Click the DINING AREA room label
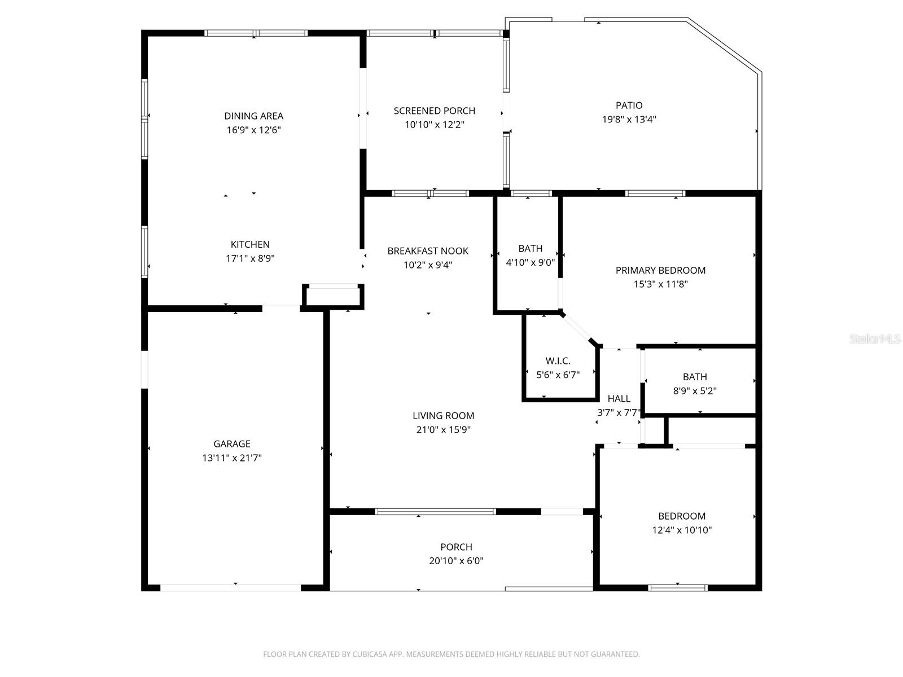pos(253,116)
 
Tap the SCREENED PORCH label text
pos(434,111)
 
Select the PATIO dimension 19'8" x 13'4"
pos(629,120)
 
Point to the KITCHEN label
pos(250,245)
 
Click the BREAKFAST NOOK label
pos(428,251)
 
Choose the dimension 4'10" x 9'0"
pos(530,262)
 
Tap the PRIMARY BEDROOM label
pos(660,271)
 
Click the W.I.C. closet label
pos(558,361)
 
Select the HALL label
pos(619,399)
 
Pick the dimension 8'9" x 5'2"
pos(695,391)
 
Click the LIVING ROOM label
pos(443,416)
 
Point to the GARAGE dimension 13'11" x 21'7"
pos(232,458)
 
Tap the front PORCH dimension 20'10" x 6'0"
pos(456,561)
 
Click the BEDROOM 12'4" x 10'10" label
pos(682,516)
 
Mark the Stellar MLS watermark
pos(874,339)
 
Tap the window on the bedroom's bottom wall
pos(677,588)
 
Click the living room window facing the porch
pos(435,512)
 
